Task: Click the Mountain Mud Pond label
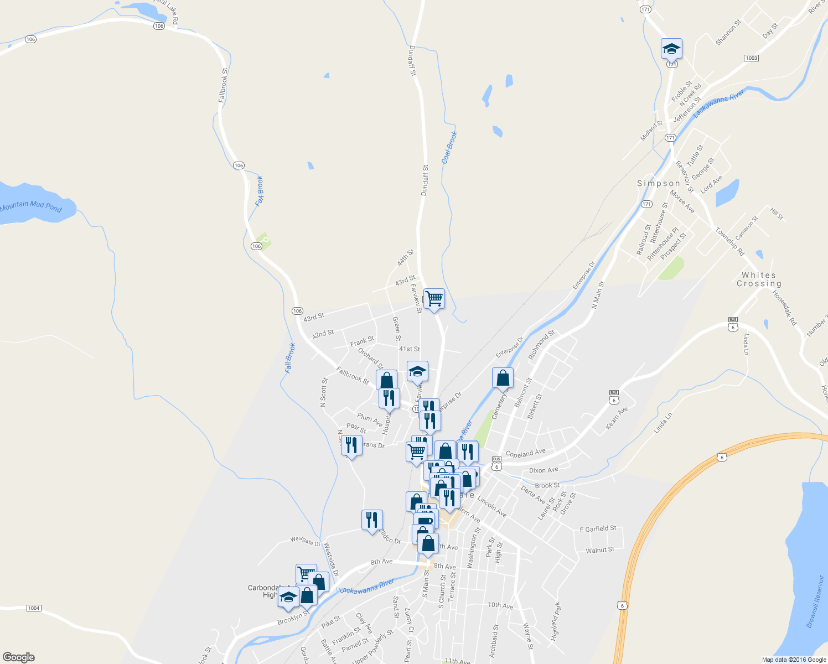31,207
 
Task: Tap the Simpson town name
658,183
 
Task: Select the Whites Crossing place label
759,279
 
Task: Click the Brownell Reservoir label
815,601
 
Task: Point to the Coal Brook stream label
449,148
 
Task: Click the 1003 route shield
751,58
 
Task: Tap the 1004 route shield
34,608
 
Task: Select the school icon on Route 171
671,49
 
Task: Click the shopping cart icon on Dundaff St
434,298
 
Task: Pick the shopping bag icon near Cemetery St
503,378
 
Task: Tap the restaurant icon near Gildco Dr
372,520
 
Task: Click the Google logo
19,657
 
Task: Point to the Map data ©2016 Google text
794,660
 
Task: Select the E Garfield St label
598,530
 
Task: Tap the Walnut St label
600,550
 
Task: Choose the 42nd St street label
323,334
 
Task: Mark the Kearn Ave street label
617,418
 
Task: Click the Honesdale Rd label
784,308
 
